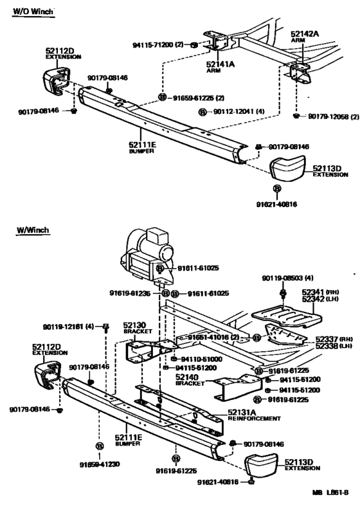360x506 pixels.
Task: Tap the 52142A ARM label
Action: pos(303,37)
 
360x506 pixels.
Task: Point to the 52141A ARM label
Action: pos(221,67)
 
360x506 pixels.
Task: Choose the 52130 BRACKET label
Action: pos(136,329)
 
